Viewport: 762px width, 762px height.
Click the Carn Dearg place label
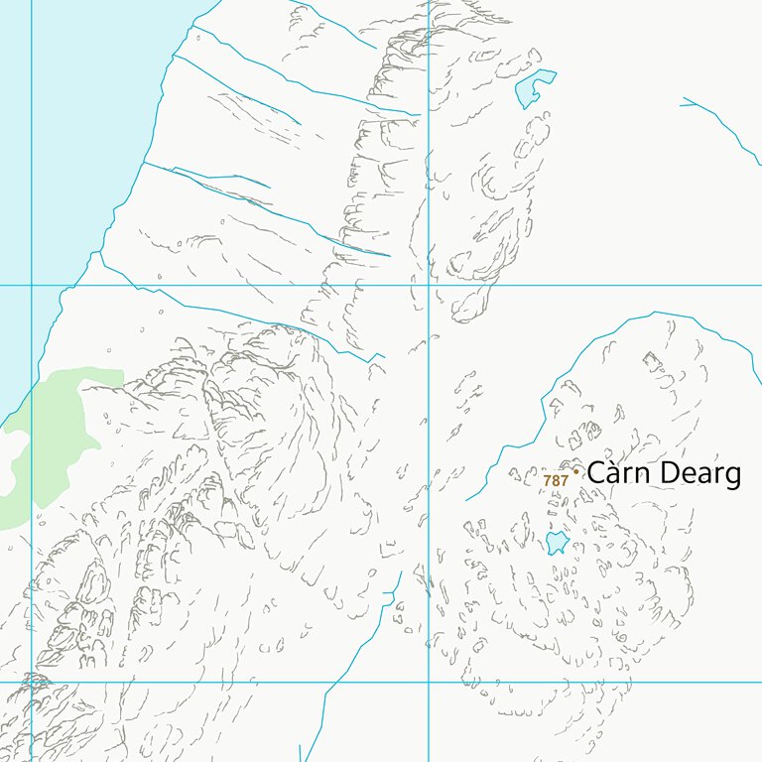[x=663, y=473]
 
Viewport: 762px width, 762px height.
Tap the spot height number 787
[x=556, y=481]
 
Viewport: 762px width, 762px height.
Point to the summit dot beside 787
[x=575, y=472]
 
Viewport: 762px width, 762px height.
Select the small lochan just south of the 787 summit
[x=556, y=542]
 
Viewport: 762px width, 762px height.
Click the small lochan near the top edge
[x=532, y=88]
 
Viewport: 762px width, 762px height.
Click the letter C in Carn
[x=597, y=473]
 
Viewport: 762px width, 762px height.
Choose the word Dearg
[x=700, y=475]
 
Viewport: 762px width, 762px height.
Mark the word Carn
[x=621, y=473]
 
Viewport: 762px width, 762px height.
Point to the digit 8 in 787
[x=556, y=481]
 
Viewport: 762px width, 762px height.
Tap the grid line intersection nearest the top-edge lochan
[x=428, y=285]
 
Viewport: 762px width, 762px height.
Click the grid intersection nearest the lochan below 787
[x=428, y=682]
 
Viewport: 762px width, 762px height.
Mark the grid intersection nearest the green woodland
[x=31, y=285]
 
